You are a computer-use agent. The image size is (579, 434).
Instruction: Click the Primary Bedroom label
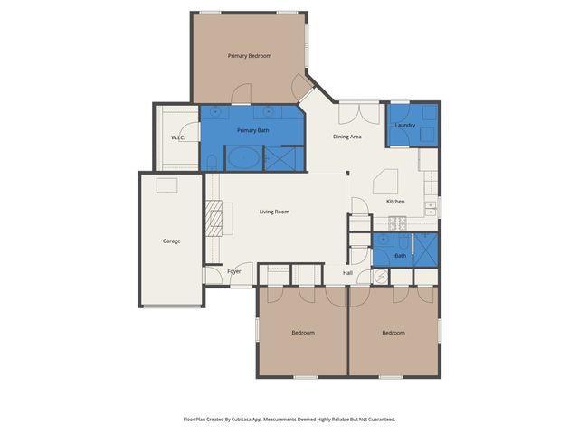[x=249, y=56]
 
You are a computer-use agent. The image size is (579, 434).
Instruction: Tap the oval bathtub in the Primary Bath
[x=242, y=160]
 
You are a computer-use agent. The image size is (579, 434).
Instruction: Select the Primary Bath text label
[x=252, y=131]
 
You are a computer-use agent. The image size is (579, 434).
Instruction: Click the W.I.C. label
[x=177, y=137]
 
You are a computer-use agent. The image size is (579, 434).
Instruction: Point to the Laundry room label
[x=405, y=126]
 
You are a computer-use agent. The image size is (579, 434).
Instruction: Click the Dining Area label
[x=347, y=137]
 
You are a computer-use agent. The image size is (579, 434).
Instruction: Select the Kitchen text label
[x=395, y=201]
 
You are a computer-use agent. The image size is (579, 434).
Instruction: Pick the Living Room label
[x=274, y=212]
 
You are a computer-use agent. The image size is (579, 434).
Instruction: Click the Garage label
[x=171, y=241]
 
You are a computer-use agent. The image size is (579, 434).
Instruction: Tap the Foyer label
[x=233, y=271]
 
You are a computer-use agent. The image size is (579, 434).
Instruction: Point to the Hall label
[x=347, y=272]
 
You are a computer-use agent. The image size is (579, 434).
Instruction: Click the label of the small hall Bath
[x=400, y=256]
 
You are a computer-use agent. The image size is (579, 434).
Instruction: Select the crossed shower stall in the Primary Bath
[x=283, y=159]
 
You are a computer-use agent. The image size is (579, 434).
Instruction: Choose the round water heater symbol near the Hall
[x=379, y=278]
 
